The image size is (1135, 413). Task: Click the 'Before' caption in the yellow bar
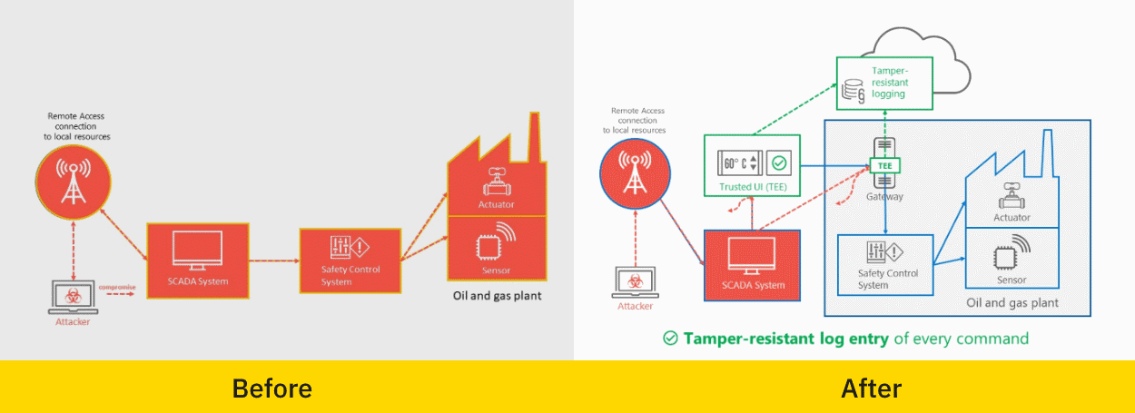(271, 388)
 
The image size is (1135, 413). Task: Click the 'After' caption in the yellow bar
(871, 388)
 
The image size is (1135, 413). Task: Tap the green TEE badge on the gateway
(883, 167)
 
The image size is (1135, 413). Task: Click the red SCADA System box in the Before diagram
(197, 259)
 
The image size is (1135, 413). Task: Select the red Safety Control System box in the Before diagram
(350, 261)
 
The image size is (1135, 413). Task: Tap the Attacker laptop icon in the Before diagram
(69, 296)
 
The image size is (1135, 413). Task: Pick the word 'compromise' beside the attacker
(117, 287)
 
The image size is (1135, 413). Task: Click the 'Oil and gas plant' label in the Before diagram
(498, 295)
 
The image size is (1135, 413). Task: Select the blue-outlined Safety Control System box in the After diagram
(885, 264)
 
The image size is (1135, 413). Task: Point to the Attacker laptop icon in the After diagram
(635, 281)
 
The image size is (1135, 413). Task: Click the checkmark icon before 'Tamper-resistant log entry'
(670, 339)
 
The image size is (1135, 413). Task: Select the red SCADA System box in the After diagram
(752, 264)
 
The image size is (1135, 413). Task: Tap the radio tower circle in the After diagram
(635, 172)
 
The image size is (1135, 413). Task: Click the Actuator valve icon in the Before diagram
(496, 182)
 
